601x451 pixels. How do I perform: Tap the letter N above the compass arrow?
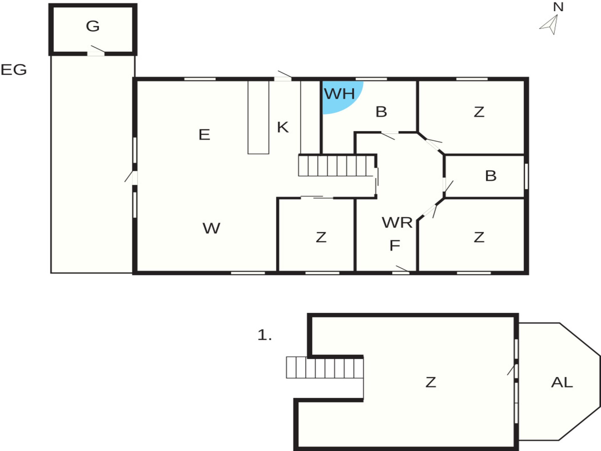558,7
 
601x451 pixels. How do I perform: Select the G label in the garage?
93,26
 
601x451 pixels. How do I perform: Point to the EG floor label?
14,70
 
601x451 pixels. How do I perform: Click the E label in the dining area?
204,135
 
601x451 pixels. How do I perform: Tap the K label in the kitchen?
283,127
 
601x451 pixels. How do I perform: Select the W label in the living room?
211,228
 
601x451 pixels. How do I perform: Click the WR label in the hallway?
397,222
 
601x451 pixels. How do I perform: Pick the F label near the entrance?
395,245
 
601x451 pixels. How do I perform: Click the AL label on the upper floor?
562,382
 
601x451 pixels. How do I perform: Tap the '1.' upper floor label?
265,335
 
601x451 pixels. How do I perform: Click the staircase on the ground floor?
337,165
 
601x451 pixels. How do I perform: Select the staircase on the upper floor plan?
325,367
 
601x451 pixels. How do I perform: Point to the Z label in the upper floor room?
431,382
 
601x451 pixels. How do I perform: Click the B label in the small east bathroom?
491,176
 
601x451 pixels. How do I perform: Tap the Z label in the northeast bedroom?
479,112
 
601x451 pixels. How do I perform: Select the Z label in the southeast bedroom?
479,237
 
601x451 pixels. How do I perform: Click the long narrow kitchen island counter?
258,117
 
